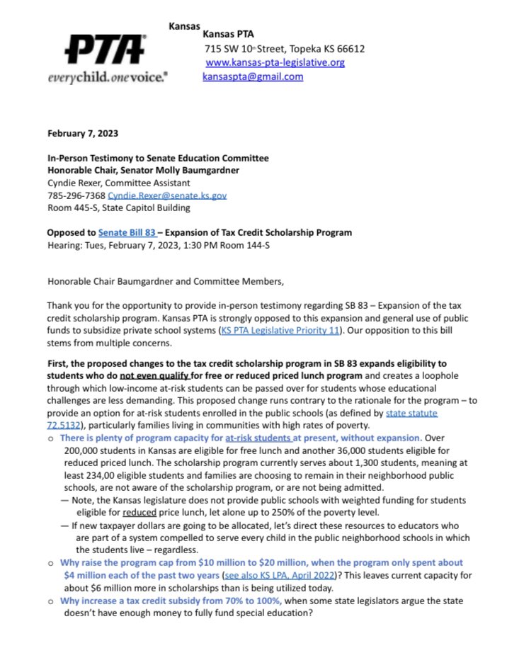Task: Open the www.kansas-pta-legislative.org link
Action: point(275,62)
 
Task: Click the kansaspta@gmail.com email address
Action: point(253,76)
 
